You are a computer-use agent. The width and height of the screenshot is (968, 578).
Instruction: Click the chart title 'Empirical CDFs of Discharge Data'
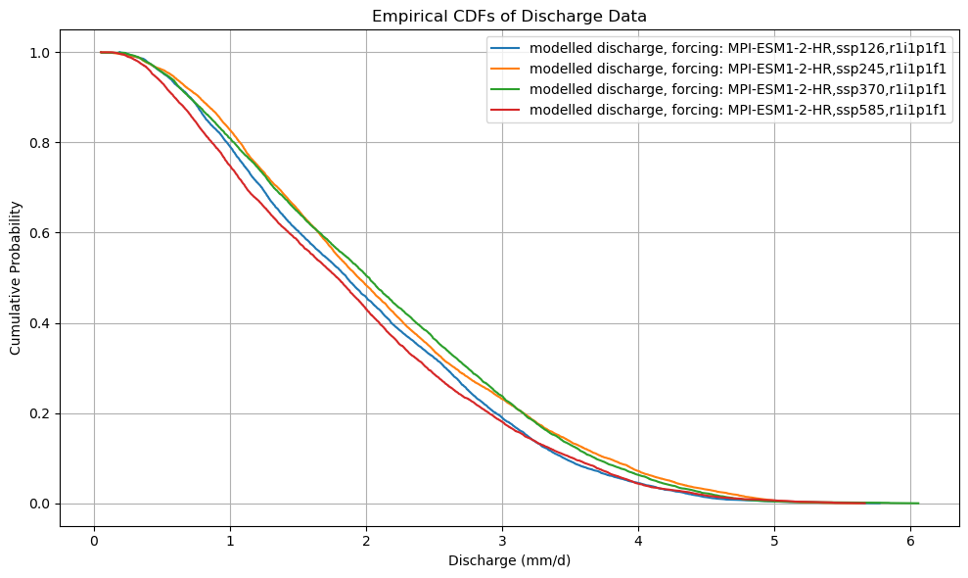[509, 16]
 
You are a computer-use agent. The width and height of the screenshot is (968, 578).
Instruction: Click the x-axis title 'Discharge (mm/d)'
[509, 561]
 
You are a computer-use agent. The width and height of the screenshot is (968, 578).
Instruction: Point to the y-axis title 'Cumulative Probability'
[17, 277]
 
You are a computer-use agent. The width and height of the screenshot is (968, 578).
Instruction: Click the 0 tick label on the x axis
[94, 540]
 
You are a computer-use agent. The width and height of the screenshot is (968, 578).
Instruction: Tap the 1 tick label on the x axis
[230, 540]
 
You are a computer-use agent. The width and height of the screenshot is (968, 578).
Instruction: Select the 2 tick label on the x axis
[366, 540]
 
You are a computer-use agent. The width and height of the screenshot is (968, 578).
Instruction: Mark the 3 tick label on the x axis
[502, 540]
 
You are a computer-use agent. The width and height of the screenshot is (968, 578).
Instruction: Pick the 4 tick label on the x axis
[638, 540]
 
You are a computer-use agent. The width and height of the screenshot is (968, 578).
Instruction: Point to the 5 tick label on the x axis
[774, 540]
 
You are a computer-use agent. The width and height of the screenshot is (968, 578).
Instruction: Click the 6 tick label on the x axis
[910, 540]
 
